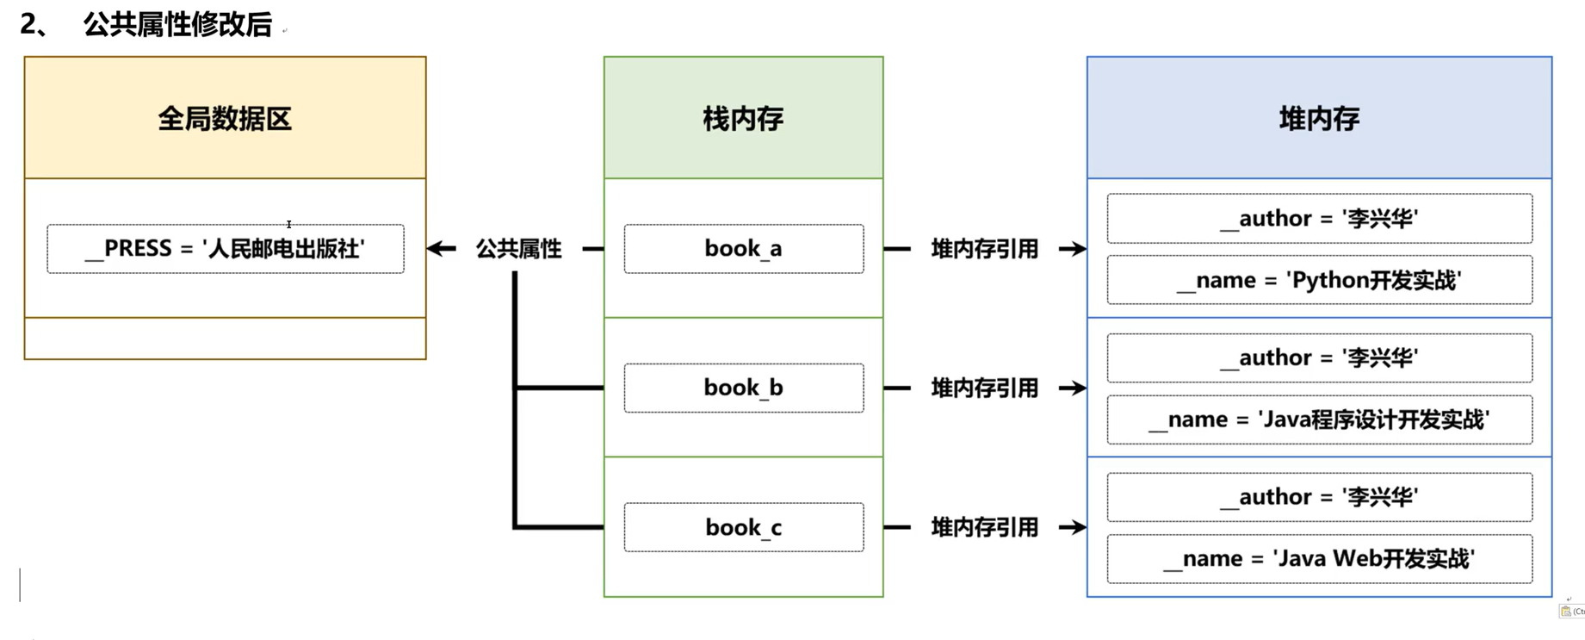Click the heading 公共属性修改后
point(177,24)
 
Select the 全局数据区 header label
point(225,118)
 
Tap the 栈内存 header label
point(743,118)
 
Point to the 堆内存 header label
point(1319,118)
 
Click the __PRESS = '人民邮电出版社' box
point(225,249)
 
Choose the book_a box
point(743,249)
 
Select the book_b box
point(743,388)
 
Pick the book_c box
point(743,527)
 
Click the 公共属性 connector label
point(518,249)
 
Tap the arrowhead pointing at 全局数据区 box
point(438,249)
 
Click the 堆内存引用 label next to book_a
point(984,249)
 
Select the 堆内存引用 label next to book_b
point(984,388)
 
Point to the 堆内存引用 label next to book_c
point(984,527)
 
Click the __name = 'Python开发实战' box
point(1319,280)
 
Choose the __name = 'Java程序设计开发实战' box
point(1319,419)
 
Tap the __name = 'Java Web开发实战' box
point(1319,559)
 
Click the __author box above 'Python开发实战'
point(1319,218)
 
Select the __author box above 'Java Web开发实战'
point(1319,497)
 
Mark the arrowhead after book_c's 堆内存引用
point(1074,527)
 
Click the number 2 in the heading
point(29,24)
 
